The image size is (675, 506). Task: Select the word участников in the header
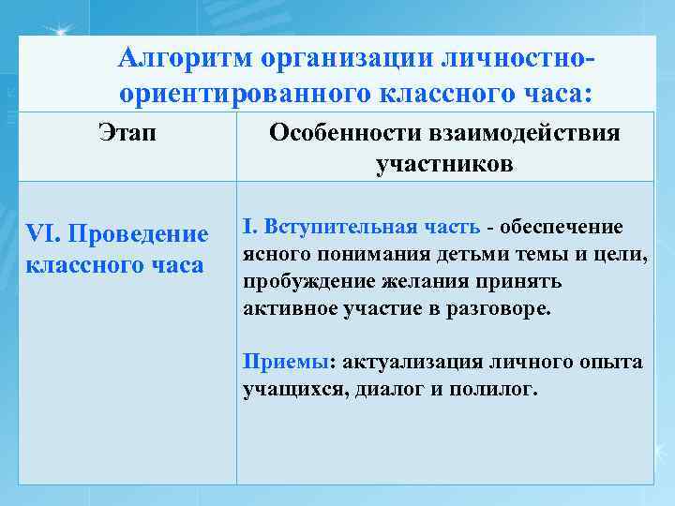[x=443, y=165]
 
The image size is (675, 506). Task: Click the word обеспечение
[x=566, y=227]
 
